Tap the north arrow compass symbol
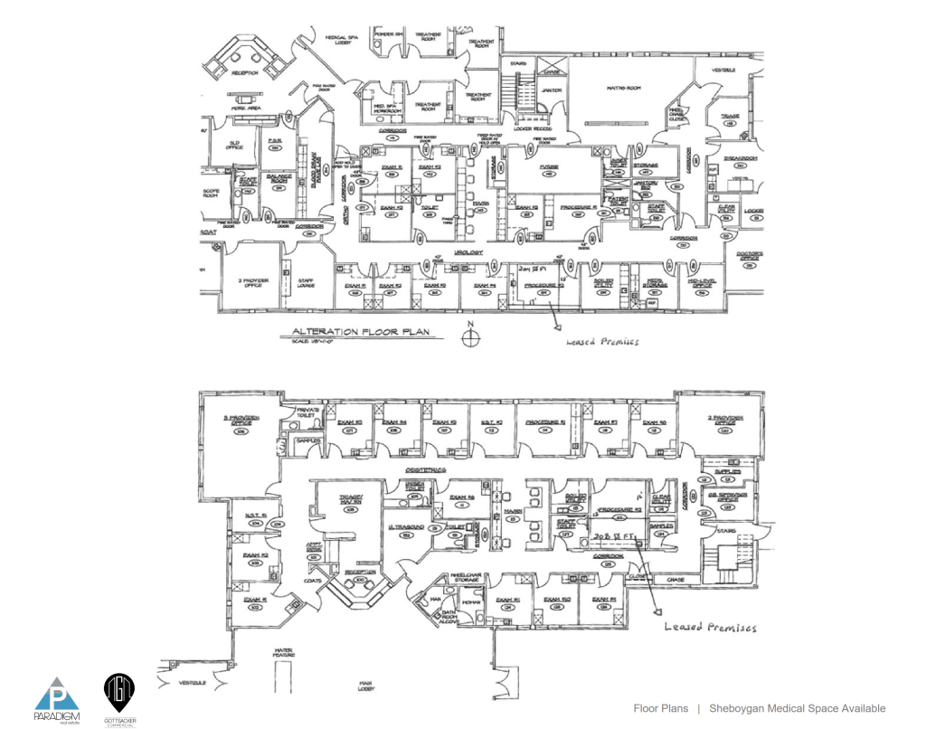coord(469,338)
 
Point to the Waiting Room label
coord(623,87)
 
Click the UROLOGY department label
coord(468,252)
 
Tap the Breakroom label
coord(740,158)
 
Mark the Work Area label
coord(245,108)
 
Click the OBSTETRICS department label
coord(426,470)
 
